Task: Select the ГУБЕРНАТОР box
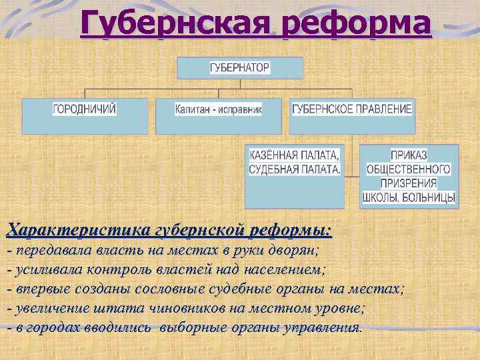[240, 68]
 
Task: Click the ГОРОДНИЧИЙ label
[85, 109]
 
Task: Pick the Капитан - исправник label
[219, 109]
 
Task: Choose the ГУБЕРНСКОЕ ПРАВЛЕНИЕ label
[352, 109]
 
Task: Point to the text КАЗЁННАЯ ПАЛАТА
[294, 155]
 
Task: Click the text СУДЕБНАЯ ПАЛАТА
[294, 169]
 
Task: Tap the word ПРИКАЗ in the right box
[409, 155]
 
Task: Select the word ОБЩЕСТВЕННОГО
[409, 169]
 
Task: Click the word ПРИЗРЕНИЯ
[409, 183]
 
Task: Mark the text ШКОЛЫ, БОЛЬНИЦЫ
[409, 197]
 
